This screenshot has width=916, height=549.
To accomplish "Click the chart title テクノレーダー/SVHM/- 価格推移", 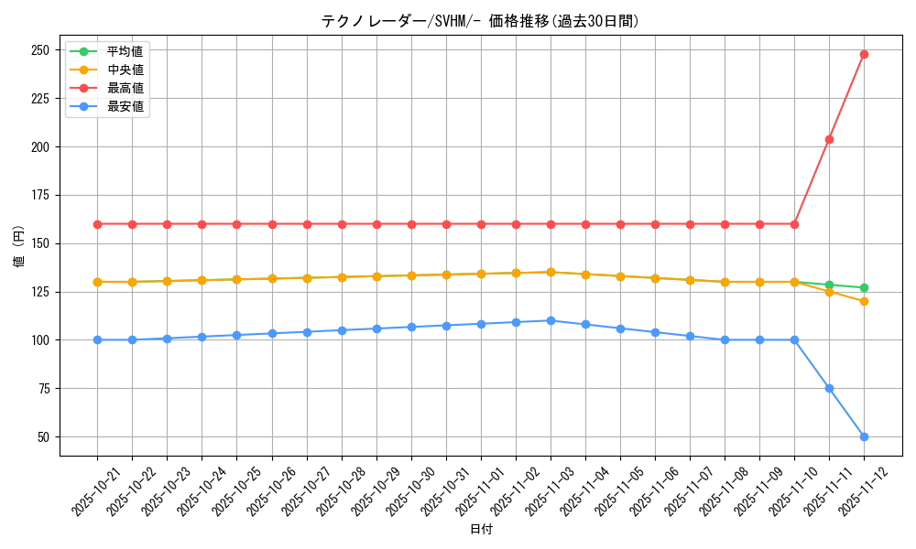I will point(480,20).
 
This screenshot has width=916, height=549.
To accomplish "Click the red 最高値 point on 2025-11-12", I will point(864,54).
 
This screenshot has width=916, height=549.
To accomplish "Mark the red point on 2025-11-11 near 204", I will point(829,139).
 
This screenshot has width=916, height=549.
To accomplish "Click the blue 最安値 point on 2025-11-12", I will point(864,436).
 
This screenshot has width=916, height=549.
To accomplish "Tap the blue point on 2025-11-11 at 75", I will point(829,388).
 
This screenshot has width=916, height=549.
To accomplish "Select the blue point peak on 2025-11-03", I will point(551,320).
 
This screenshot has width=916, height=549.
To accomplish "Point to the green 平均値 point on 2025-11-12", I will point(864,287).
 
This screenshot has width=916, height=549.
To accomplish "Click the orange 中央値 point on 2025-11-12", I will point(864,301).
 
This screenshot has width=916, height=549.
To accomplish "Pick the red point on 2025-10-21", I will point(97,224).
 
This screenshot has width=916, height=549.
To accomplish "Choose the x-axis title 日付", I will point(481,530).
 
